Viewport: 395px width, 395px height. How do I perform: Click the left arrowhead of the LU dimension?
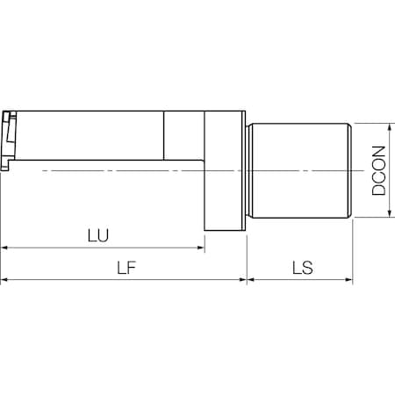(x=5, y=248)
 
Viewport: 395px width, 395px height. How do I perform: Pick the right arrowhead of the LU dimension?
(x=200, y=248)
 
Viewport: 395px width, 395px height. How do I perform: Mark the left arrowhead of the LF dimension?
(x=5, y=280)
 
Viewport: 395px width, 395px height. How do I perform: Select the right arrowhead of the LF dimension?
(x=242, y=280)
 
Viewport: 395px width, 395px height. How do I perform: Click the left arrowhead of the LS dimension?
(x=252, y=280)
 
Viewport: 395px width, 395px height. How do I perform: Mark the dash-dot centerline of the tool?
(x=132, y=169)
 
